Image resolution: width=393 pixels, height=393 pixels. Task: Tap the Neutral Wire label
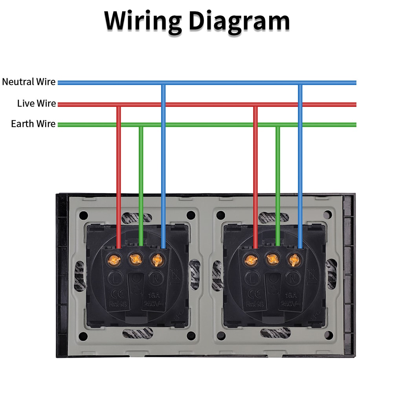(29, 82)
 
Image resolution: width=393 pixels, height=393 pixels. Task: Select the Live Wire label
(36, 103)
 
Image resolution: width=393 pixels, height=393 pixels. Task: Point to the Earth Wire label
(33, 124)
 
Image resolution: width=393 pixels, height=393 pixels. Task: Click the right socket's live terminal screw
(250, 259)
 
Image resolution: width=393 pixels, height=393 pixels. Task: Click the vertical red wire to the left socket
(118, 177)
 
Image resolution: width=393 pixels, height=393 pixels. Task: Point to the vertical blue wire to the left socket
(163, 165)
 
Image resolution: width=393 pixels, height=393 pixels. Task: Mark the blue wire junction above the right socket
(300, 83)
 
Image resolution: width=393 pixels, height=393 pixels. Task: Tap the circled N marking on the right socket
(292, 278)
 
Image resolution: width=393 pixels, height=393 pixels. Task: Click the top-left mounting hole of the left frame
(83, 215)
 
